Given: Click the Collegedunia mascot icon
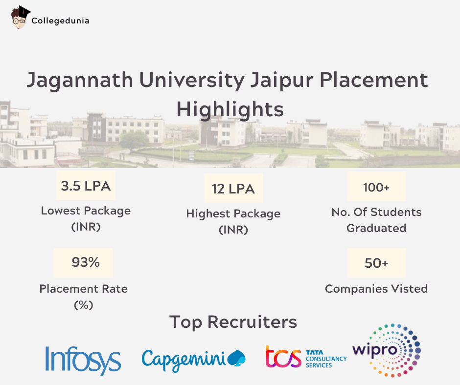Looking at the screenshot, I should coord(19,18).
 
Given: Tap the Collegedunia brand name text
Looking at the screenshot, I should coord(60,21).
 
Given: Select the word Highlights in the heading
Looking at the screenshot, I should coord(230,109).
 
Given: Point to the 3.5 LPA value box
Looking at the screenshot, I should coord(86,186).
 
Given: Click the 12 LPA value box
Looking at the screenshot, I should coord(233,189).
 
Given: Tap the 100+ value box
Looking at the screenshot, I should coord(376,187).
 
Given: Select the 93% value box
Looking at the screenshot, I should coord(84,262).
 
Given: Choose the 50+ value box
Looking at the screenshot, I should coord(376,263).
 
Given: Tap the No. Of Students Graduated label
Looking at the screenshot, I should coord(376,220).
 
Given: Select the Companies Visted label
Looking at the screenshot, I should coord(376,289).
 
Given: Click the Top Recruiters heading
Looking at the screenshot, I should coord(233,322).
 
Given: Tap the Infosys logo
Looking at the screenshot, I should coord(83,360).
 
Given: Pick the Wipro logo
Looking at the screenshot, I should coord(387,350).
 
